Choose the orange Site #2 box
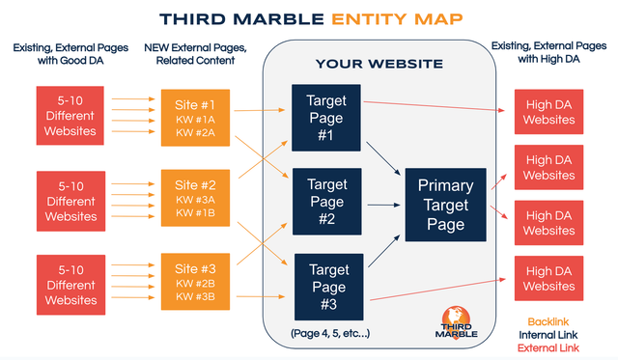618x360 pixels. [196, 201]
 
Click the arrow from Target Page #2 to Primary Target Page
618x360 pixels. [382, 204]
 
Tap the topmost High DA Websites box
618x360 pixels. [548, 113]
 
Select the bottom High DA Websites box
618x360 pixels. [548, 279]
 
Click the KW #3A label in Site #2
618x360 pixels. [196, 200]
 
